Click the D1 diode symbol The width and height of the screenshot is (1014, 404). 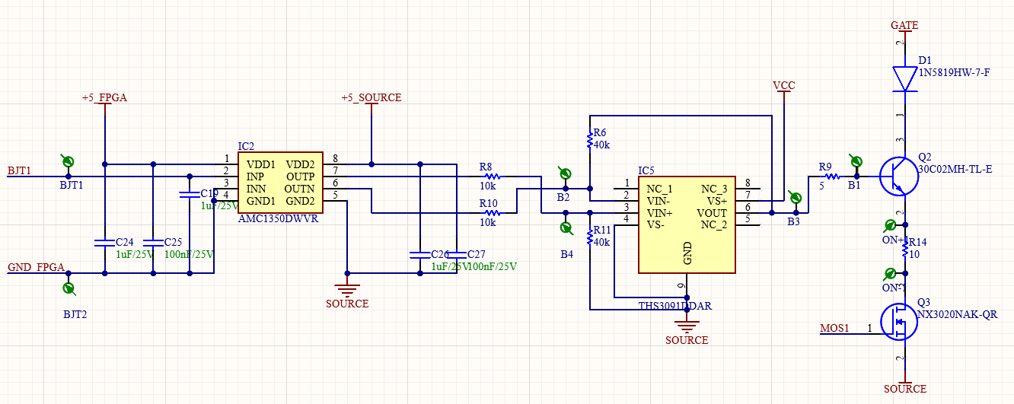point(904,78)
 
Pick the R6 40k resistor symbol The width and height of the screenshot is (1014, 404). point(589,141)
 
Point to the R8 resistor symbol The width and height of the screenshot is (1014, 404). point(492,177)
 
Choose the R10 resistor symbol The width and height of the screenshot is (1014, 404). point(492,213)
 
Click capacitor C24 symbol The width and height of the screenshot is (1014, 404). point(104,243)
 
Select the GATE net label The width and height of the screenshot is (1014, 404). point(904,25)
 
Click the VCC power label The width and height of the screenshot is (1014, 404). point(783,85)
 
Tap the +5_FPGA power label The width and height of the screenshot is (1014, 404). point(104,97)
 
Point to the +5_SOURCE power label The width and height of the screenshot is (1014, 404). point(371,97)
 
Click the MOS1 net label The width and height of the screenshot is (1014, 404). point(834,329)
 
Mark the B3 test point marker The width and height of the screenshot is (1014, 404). point(796,199)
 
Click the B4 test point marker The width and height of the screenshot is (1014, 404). point(566,227)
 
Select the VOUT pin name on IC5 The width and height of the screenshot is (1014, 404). point(711,213)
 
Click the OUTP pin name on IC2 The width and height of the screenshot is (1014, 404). point(300,177)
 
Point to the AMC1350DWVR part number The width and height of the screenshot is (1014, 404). point(278,218)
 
